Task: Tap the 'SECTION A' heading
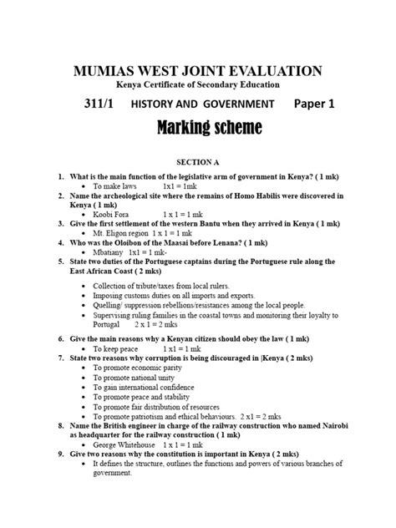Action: [198, 160]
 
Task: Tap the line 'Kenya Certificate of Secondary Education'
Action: [198, 84]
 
